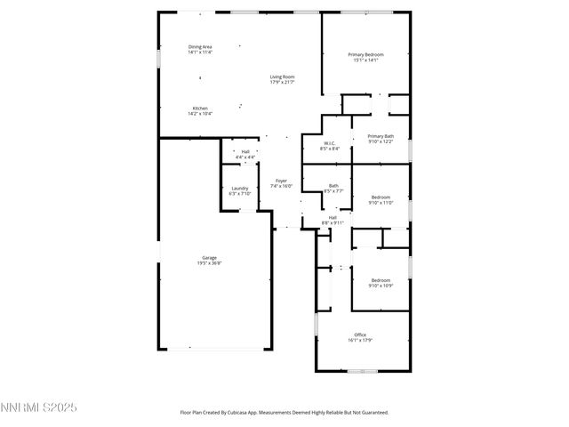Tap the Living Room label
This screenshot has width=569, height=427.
tap(283, 77)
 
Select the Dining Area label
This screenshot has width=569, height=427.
tap(200, 46)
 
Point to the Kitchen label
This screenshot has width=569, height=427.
tap(200, 109)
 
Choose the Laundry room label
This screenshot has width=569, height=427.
tap(240, 188)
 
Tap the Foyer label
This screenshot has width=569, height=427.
tap(282, 181)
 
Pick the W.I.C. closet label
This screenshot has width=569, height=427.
tap(328, 143)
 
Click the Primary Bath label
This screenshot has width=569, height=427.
tap(381, 136)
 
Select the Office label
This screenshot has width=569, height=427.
tap(360, 334)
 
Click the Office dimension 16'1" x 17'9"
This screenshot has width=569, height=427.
tap(360, 340)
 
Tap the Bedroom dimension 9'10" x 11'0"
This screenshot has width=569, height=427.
tap(381, 203)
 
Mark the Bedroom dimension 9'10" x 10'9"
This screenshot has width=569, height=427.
tap(381, 286)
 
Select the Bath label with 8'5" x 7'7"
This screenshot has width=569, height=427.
tap(333, 186)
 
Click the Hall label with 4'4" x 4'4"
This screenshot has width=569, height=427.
tap(245, 151)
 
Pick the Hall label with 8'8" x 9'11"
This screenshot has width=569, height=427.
tap(333, 217)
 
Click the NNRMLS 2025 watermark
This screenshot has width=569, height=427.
tap(39, 408)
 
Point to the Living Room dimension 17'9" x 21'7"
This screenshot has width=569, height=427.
tap(283, 82)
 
